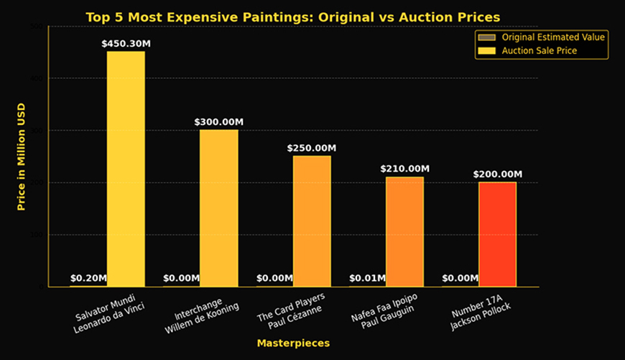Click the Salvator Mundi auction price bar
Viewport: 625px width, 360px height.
[x=126, y=169]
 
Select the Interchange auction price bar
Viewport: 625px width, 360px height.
[x=218, y=208]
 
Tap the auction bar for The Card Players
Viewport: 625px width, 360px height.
[x=312, y=221]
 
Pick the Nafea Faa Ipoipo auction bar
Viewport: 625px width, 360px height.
[x=404, y=231]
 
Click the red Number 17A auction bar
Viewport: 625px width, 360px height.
[x=497, y=234]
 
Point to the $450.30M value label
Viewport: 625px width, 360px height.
[x=126, y=44]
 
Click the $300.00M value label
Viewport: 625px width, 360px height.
[x=218, y=122]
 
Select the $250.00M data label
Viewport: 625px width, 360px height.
[x=312, y=148]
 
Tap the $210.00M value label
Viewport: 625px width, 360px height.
[x=404, y=169]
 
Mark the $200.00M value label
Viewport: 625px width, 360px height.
[x=497, y=175]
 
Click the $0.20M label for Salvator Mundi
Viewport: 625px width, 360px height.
[x=88, y=278]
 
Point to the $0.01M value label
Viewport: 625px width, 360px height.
[x=367, y=278]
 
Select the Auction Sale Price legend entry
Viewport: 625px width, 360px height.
[x=539, y=50]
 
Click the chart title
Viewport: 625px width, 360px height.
[x=292, y=17]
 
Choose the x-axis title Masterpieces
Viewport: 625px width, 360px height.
[x=293, y=343]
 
